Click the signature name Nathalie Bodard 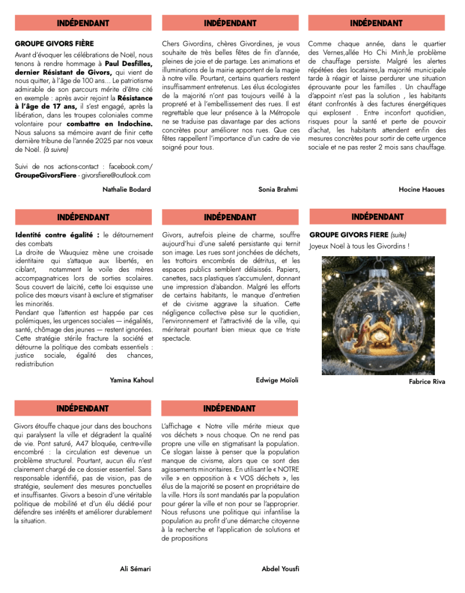(x=126, y=190)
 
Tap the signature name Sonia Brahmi (x=278, y=190)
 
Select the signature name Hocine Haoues (x=422, y=190)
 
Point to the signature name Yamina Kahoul (x=132, y=380)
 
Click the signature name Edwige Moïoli (x=277, y=380)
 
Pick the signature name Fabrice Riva (x=427, y=382)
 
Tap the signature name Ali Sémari (x=135, y=569)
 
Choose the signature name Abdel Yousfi (x=281, y=569)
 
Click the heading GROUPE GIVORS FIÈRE (x=54, y=43)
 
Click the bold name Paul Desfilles (x=129, y=64)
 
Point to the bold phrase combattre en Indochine (x=110, y=124)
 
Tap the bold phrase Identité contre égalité (x=57, y=235)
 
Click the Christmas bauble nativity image (x=378, y=315)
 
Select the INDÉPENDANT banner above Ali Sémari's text (x=83, y=409)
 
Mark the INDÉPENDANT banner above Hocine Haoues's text (x=376, y=23)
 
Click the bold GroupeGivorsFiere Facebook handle (x=45, y=175)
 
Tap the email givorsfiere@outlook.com (x=115, y=175)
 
